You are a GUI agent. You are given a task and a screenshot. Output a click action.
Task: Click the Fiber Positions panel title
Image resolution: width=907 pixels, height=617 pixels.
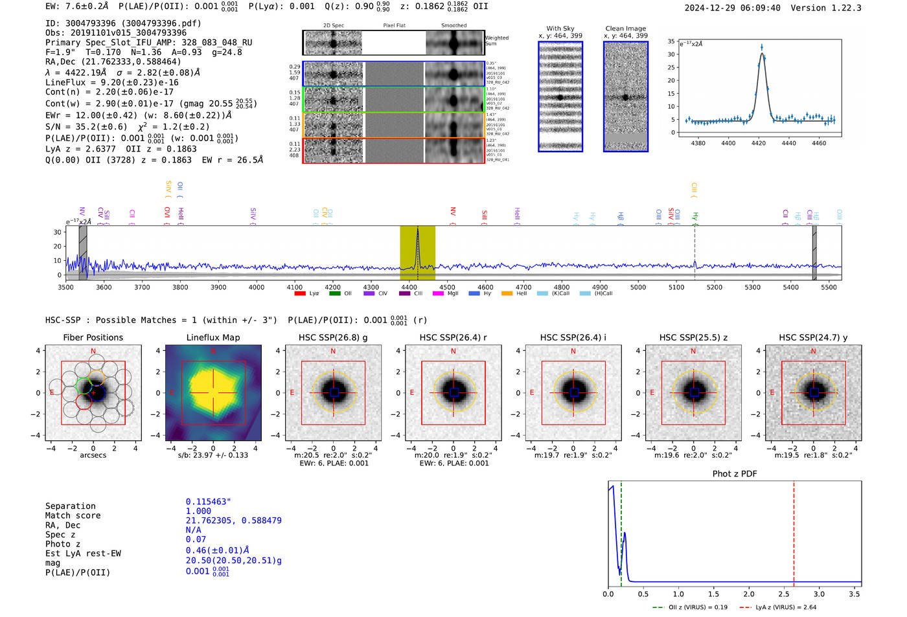click(x=93, y=337)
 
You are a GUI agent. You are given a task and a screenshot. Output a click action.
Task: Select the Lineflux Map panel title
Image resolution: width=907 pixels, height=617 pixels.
click(x=212, y=337)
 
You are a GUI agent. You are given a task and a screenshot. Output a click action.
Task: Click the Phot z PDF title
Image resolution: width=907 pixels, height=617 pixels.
click(x=735, y=474)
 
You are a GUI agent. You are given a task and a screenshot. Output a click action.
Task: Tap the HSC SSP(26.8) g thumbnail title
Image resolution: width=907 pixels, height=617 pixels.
click(x=333, y=337)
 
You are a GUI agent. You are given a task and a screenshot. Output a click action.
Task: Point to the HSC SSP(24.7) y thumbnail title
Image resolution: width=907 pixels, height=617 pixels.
click(x=813, y=337)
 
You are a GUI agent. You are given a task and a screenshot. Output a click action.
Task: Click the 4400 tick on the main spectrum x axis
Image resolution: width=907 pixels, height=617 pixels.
click(x=409, y=287)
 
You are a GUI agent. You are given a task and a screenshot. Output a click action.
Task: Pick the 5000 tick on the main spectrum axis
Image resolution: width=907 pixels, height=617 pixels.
click(x=638, y=287)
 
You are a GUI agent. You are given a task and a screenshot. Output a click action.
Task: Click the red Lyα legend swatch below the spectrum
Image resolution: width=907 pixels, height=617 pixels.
click(x=300, y=293)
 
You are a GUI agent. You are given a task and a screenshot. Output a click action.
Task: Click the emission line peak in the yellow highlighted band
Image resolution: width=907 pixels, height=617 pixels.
click(x=418, y=229)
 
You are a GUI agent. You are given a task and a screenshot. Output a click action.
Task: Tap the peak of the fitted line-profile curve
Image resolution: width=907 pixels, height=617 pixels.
click(x=762, y=53)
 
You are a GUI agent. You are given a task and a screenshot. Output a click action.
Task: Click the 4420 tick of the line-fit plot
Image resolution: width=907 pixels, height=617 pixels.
click(x=759, y=143)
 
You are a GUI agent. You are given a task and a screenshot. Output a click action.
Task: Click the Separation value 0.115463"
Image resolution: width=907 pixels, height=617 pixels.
click(x=209, y=502)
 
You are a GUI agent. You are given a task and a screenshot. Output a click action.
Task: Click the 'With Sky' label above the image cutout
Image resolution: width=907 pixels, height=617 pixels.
click(x=560, y=28)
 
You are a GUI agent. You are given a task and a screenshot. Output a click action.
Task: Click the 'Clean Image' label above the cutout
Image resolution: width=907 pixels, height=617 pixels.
click(x=626, y=28)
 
